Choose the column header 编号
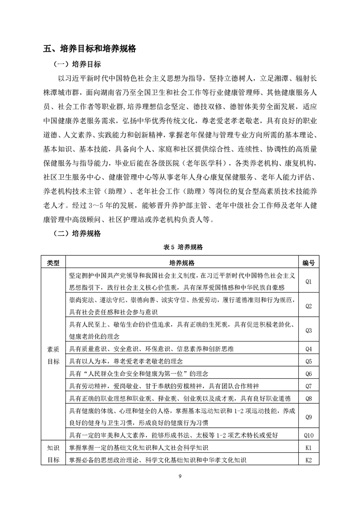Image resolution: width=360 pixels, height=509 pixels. click(309, 263)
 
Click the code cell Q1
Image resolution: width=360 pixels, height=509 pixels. click(309, 281)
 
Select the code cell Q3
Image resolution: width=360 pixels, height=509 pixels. click(309, 330)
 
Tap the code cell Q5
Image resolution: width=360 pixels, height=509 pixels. click(309, 362)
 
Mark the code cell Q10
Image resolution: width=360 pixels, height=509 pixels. click(309, 435)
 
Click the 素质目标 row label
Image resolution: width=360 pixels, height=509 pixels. click(54, 355)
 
